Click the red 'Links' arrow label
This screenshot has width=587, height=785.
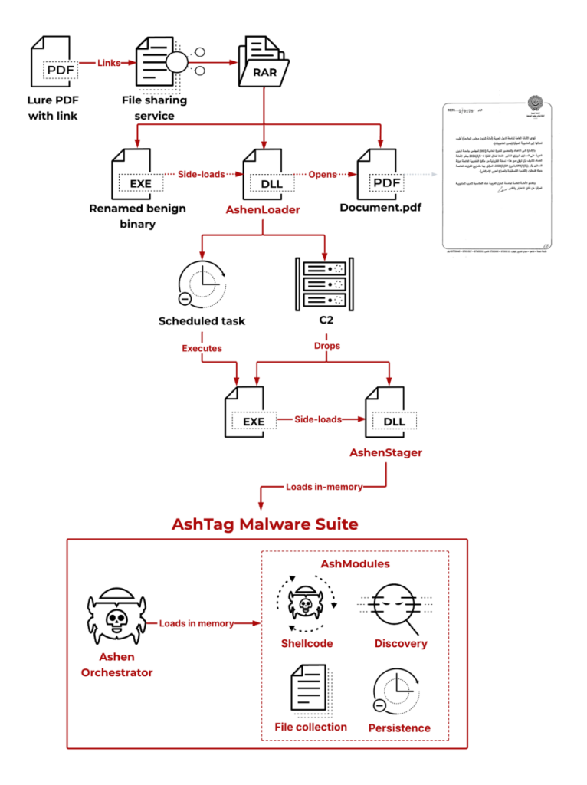point(109,63)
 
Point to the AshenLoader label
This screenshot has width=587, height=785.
point(264,209)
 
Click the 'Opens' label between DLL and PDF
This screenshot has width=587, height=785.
point(323,174)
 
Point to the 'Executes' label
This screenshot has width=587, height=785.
point(202,348)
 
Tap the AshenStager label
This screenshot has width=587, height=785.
point(385,452)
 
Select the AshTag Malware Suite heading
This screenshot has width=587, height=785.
point(265,524)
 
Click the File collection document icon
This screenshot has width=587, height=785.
point(310,689)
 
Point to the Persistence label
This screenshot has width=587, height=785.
point(399,728)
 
